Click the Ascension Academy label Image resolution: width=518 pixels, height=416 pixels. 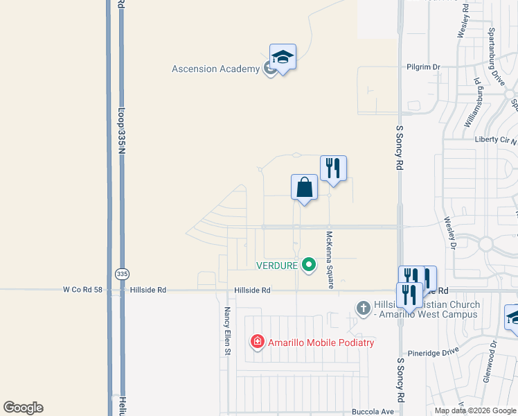(215, 69)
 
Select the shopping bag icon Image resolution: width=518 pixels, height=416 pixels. (304, 187)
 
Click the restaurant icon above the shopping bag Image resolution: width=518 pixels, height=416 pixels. (333, 168)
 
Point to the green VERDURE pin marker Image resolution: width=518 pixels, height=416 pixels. (310, 264)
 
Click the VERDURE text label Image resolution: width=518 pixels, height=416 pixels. (276, 265)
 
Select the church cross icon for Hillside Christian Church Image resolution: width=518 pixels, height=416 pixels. (363, 308)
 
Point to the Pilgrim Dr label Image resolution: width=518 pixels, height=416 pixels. (423, 67)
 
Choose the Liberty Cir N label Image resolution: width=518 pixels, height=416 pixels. (494, 139)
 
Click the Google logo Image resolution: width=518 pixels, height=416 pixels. (23, 408)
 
